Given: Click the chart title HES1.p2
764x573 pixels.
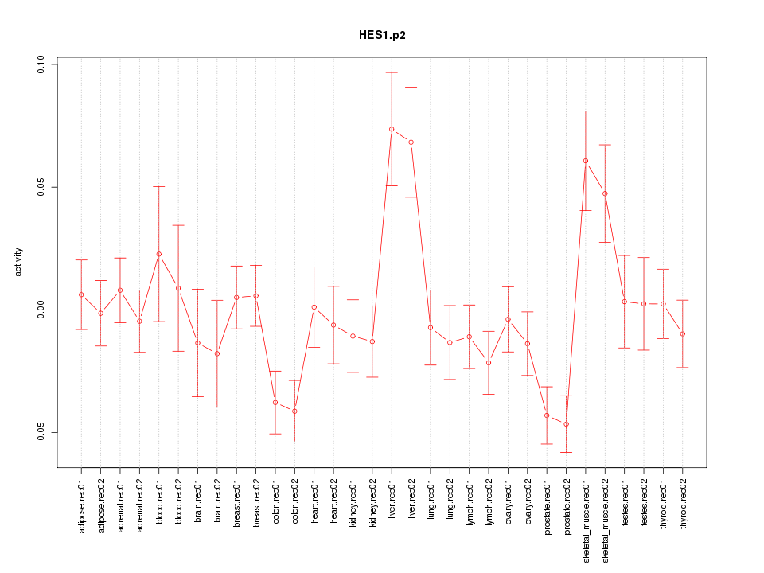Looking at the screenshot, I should [x=382, y=36].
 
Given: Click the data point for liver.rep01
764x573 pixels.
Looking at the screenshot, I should [x=392, y=129].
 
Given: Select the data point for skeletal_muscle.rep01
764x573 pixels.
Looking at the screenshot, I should [x=586, y=161].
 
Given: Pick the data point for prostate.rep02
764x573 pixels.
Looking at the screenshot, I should [x=566, y=424].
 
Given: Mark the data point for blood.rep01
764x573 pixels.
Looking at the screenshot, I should [x=158, y=254].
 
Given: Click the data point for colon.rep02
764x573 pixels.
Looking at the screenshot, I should [x=294, y=411].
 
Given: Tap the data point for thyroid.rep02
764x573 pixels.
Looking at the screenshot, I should [x=683, y=334].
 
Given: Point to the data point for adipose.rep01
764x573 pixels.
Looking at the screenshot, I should [x=81, y=294].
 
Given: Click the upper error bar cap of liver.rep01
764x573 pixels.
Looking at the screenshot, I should [x=392, y=72].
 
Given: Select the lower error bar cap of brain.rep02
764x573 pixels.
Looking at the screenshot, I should [x=216, y=407].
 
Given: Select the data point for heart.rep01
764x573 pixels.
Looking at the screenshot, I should [x=314, y=307].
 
